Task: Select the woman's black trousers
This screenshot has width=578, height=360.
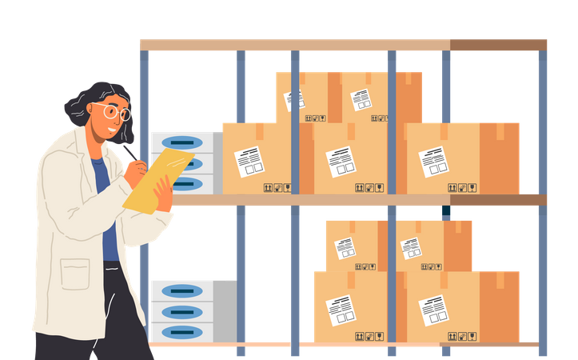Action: point(88,328)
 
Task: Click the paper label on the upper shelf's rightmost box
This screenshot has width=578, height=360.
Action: point(434,162)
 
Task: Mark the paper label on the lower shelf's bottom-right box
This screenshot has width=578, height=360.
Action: point(434,310)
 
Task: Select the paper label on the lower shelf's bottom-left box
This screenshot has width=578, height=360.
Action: point(341,309)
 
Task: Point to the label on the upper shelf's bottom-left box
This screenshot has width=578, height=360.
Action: point(249,162)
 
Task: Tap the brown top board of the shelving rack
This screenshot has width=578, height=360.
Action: point(344,44)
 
